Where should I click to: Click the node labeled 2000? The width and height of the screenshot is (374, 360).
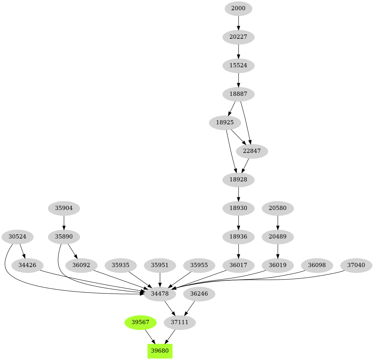(238, 8)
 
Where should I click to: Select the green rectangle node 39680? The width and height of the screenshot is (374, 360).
(160, 351)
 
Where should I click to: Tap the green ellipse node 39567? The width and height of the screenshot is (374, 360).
(140, 322)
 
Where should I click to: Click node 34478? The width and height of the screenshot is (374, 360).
(160, 294)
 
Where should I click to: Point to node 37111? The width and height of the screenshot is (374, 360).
(180, 322)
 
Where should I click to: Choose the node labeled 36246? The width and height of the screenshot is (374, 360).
(199, 294)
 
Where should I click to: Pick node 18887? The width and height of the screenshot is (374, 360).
(238, 94)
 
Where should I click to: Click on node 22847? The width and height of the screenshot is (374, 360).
(252, 151)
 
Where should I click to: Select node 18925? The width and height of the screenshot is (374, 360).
(225, 122)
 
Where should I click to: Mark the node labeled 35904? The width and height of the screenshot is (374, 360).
(64, 208)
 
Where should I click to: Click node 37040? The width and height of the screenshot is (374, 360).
(356, 265)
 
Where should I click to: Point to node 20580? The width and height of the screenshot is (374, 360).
(278, 208)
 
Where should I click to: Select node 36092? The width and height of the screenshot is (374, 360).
(81, 265)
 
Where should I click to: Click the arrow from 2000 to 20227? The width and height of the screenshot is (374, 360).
(238, 23)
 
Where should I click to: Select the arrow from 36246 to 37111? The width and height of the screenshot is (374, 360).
(190, 308)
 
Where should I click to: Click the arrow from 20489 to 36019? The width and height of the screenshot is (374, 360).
(278, 251)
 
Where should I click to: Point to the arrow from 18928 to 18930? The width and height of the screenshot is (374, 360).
(238, 194)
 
